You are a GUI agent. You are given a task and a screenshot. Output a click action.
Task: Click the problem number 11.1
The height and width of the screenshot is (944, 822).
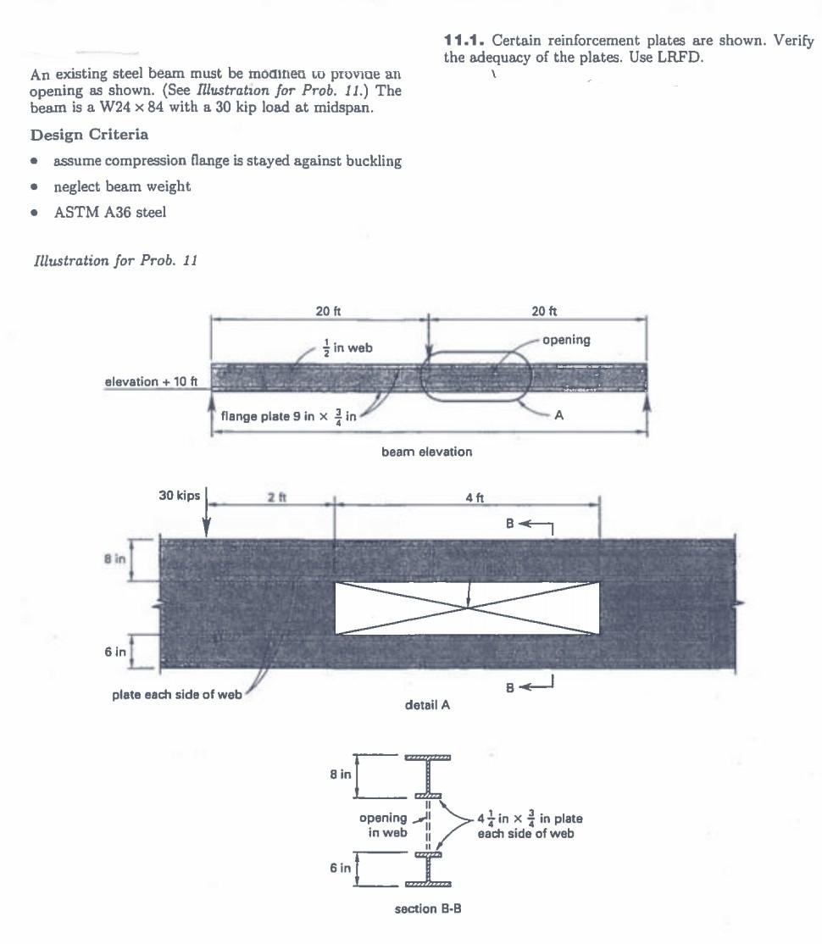click(x=464, y=41)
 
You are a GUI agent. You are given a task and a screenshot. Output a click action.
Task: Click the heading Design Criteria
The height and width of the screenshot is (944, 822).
click(x=89, y=135)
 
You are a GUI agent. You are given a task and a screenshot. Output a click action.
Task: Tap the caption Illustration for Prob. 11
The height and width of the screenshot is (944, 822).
click(x=113, y=261)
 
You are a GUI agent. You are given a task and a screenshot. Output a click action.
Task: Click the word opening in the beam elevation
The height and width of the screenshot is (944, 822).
click(x=565, y=340)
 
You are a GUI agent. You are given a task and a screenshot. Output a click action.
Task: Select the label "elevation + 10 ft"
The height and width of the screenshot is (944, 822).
click(x=151, y=381)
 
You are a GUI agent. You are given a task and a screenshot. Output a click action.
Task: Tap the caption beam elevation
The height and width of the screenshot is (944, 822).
click(x=426, y=452)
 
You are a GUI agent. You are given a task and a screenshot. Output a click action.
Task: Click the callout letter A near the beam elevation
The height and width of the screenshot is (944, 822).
click(x=558, y=415)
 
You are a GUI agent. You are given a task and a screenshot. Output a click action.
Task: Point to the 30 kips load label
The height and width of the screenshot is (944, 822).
click(x=178, y=495)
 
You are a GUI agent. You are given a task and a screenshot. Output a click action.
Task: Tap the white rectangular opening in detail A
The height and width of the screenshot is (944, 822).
click(x=467, y=608)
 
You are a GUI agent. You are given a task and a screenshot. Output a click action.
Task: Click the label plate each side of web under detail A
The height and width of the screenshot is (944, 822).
click(x=177, y=695)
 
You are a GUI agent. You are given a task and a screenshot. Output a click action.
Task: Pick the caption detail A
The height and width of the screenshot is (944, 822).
click(x=427, y=704)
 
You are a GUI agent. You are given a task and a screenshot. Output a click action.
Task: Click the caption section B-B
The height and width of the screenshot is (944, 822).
click(x=427, y=909)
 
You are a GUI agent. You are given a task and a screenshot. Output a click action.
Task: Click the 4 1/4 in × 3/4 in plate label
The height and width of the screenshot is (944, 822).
click(x=529, y=825)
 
